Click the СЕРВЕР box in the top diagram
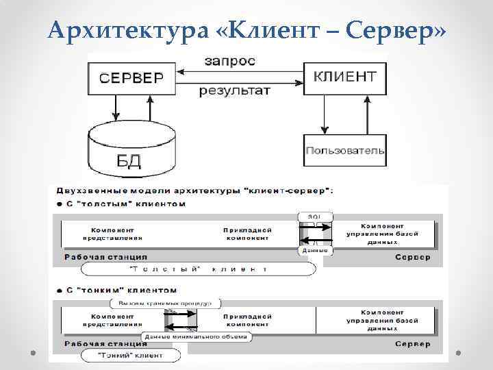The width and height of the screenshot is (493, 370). pos(131,77)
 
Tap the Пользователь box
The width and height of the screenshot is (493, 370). pos(344,150)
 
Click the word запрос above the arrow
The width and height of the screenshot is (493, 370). pos(230,61)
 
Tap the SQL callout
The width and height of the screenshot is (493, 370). pos(315,217)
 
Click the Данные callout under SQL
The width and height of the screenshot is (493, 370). pos(315,251)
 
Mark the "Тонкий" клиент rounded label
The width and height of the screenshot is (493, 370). pos(134,355)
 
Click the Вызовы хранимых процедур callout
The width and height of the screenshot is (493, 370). pos(164,303)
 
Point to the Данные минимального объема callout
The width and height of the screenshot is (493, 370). pos(197,336)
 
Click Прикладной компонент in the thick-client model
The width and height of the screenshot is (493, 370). pos(247,234)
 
